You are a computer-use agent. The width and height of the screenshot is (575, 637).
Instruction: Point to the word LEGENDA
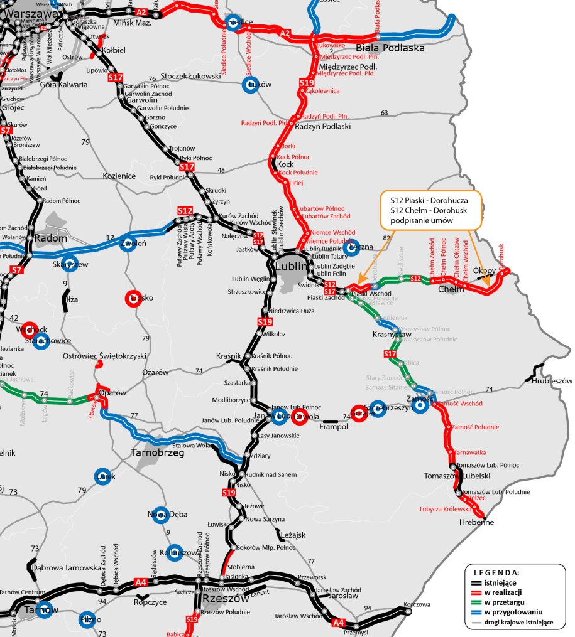point(496,573)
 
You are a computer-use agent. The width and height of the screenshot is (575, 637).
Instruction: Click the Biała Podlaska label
point(390,48)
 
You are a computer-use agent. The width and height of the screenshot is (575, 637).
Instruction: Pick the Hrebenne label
point(477,522)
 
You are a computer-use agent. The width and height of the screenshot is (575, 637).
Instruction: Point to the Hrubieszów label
point(552,381)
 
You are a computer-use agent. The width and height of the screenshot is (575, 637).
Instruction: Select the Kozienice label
point(119,176)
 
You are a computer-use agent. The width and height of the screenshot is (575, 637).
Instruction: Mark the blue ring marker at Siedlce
point(234,22)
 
